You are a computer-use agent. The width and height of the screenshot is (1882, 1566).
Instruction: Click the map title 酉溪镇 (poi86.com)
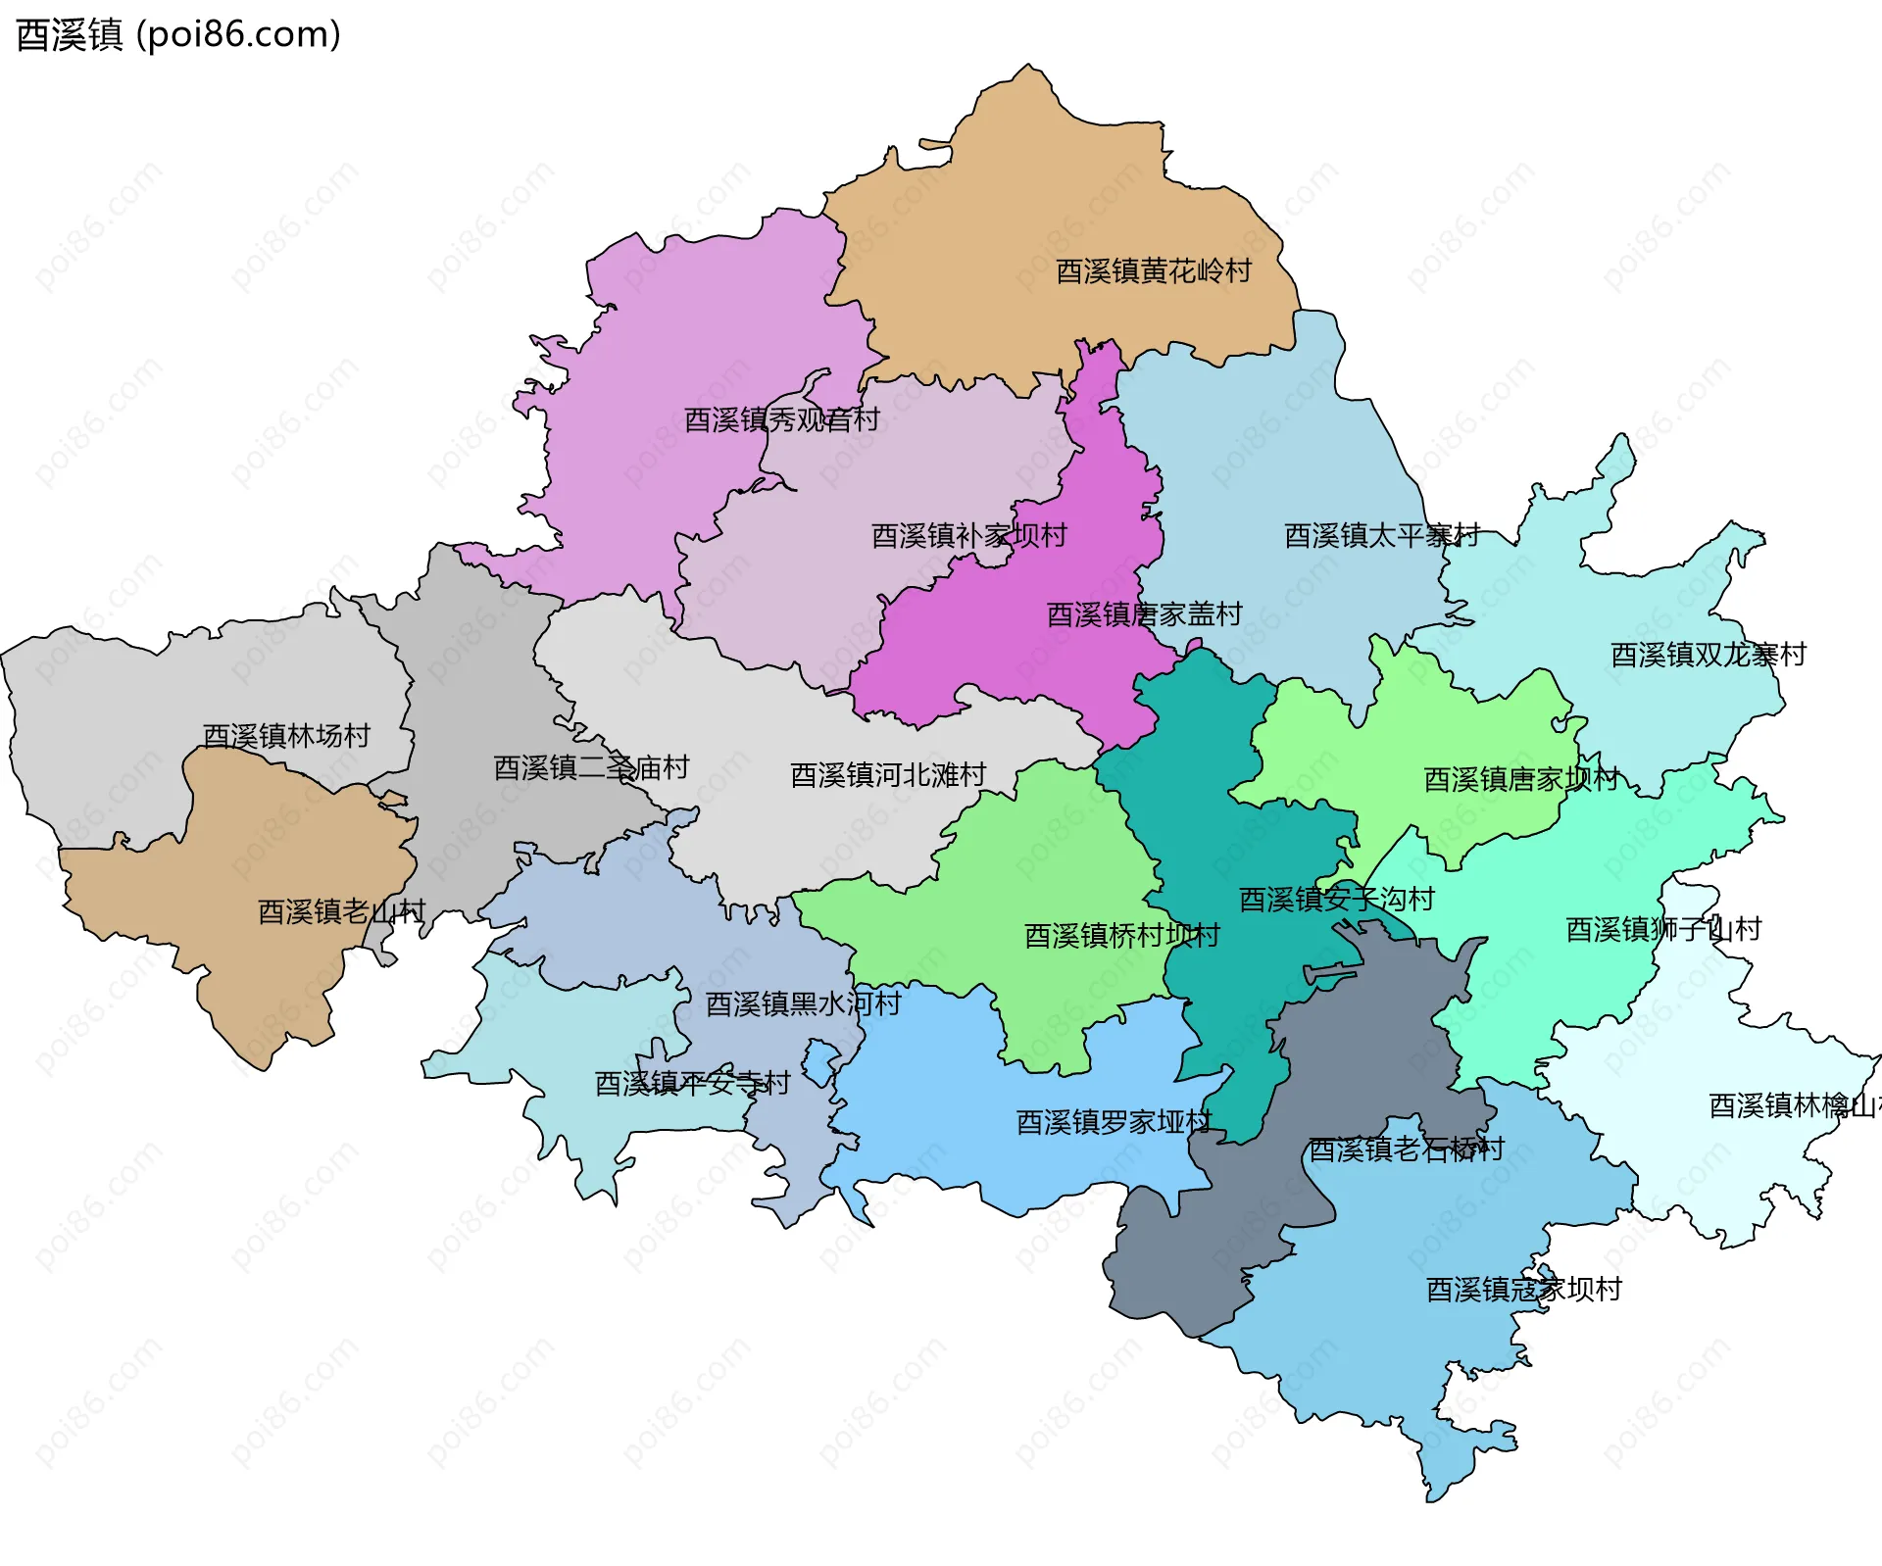point(178,35)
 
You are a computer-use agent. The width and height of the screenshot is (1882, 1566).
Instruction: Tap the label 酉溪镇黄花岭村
point(1153,271)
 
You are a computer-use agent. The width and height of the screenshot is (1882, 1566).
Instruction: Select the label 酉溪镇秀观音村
point(781,420)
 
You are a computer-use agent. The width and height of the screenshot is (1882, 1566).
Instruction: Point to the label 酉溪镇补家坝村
point(968,536)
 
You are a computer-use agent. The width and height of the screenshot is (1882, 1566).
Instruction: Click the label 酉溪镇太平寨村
point(1381,536)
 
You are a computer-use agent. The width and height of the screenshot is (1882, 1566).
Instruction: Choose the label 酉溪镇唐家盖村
point(1144,614)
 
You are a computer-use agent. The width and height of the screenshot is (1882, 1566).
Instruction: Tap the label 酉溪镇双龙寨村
point(1708,655)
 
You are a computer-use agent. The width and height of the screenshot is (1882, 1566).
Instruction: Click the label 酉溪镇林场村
point(286,736)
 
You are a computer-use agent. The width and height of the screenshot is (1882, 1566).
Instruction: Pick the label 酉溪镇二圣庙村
point(591,767)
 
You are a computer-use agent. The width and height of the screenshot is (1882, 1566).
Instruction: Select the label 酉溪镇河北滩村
point(888,775)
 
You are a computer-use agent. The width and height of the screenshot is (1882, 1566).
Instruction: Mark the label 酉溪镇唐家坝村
point(1520,780)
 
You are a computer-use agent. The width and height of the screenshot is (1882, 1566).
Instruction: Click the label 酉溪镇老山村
point(341,912)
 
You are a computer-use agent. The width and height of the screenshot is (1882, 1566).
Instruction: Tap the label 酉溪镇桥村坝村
point(1121,936)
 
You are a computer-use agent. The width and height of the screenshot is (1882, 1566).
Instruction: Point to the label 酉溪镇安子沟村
point(1336,900)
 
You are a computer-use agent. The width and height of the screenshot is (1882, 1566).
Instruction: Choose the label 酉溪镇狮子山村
point(1662,929)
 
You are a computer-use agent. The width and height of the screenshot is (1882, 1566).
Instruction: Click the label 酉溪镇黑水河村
point(803,1004)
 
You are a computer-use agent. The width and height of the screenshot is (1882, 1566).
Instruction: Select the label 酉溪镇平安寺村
point(692,1084)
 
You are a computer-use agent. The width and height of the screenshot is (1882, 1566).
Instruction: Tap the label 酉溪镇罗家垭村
point(1114,1122)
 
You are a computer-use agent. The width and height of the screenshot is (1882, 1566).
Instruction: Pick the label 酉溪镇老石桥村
point(1406,1150)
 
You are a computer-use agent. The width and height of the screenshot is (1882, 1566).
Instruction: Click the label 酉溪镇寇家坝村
point(1523,1290)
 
